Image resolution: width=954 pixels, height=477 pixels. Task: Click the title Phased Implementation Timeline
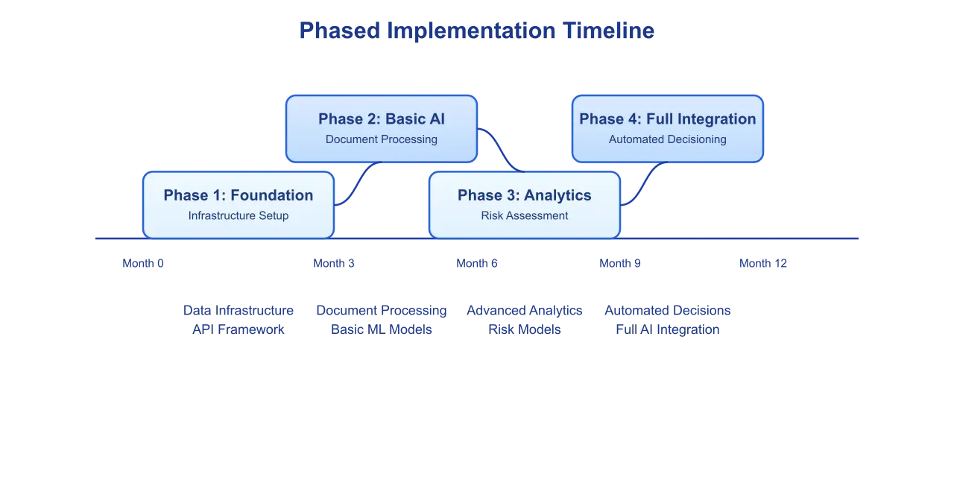pyautogui.click(x=476, y=31)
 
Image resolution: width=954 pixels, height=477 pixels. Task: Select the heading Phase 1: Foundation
pyautogui.click(x=238, y=195)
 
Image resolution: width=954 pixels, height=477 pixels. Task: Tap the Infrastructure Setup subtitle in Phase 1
pyautogui.click(x=238, y=216)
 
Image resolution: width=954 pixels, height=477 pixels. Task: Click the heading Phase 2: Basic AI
pyautogui.click(x=382, y=119)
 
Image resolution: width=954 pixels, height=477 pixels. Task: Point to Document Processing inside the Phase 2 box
pyautogui.click(x=382, y=139)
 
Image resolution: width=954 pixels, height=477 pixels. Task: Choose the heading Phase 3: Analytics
pyautogui.click(x=525, y=195)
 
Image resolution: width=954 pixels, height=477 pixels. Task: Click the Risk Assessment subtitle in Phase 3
pyautogui.click(x=525, y=216)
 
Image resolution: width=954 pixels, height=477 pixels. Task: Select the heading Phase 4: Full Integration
pyautogui.click(x=668, y=119)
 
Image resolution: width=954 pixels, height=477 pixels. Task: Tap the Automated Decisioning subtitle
pyautogui.click(x=668, y=139)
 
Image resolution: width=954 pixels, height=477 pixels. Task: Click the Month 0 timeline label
pyautogui.click(x=143, y=263)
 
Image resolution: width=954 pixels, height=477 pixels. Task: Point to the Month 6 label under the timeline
pyautogui.click(x=477, y=263)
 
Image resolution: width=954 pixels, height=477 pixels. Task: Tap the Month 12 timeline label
pyautogui.click(x=763, y=263)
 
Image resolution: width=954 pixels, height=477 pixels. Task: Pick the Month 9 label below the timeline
pyautogui.click(x=620, y=263)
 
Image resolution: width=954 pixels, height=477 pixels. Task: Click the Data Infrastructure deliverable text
pyautogui.click(x=238, y=310)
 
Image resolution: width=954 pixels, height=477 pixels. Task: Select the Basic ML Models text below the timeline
pyautogui.click(x=382, y=329)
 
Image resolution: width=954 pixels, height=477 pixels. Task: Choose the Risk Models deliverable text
pyautogui.click(x=525, y=329)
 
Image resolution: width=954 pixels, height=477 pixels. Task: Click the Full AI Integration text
pyautogui.click(x=668, y=329)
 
